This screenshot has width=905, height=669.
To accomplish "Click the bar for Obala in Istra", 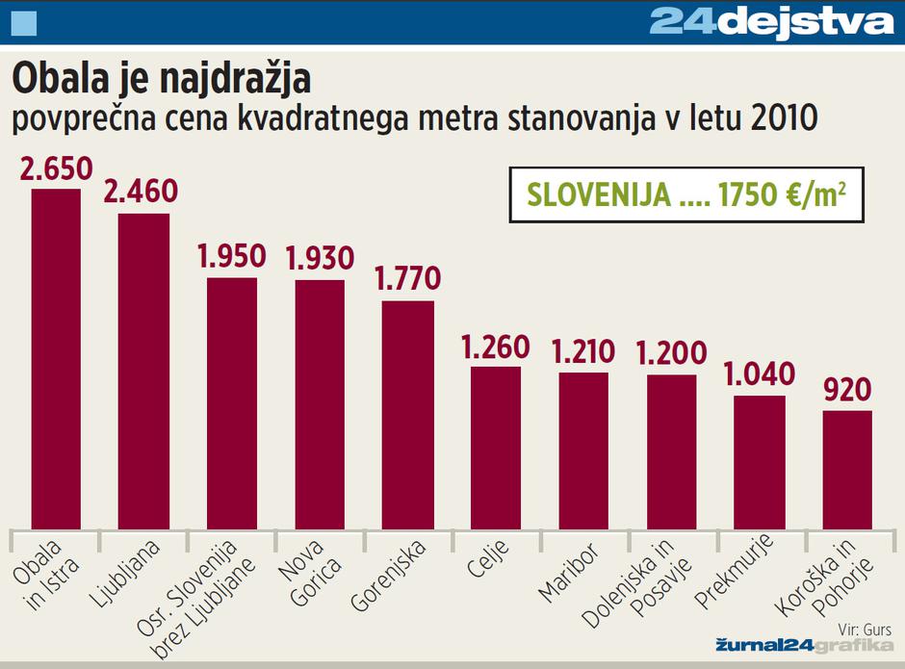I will coord(56,358).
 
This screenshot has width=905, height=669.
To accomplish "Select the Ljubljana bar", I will coord(143,371).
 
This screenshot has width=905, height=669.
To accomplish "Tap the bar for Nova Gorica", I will coord(320,404).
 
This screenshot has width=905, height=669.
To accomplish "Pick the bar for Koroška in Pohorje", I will coord(847,470).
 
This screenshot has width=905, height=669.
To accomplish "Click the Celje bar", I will coord(496,448).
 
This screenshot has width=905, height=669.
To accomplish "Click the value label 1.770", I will coord(407,279).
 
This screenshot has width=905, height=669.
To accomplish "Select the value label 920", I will coord(847,390).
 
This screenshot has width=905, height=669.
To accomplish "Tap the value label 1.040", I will coord(760,373).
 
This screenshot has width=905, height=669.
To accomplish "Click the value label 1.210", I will coord(583,351).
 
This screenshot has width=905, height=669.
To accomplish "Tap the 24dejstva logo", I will coord(771,21).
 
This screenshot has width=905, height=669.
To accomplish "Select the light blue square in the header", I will coord(22,21).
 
